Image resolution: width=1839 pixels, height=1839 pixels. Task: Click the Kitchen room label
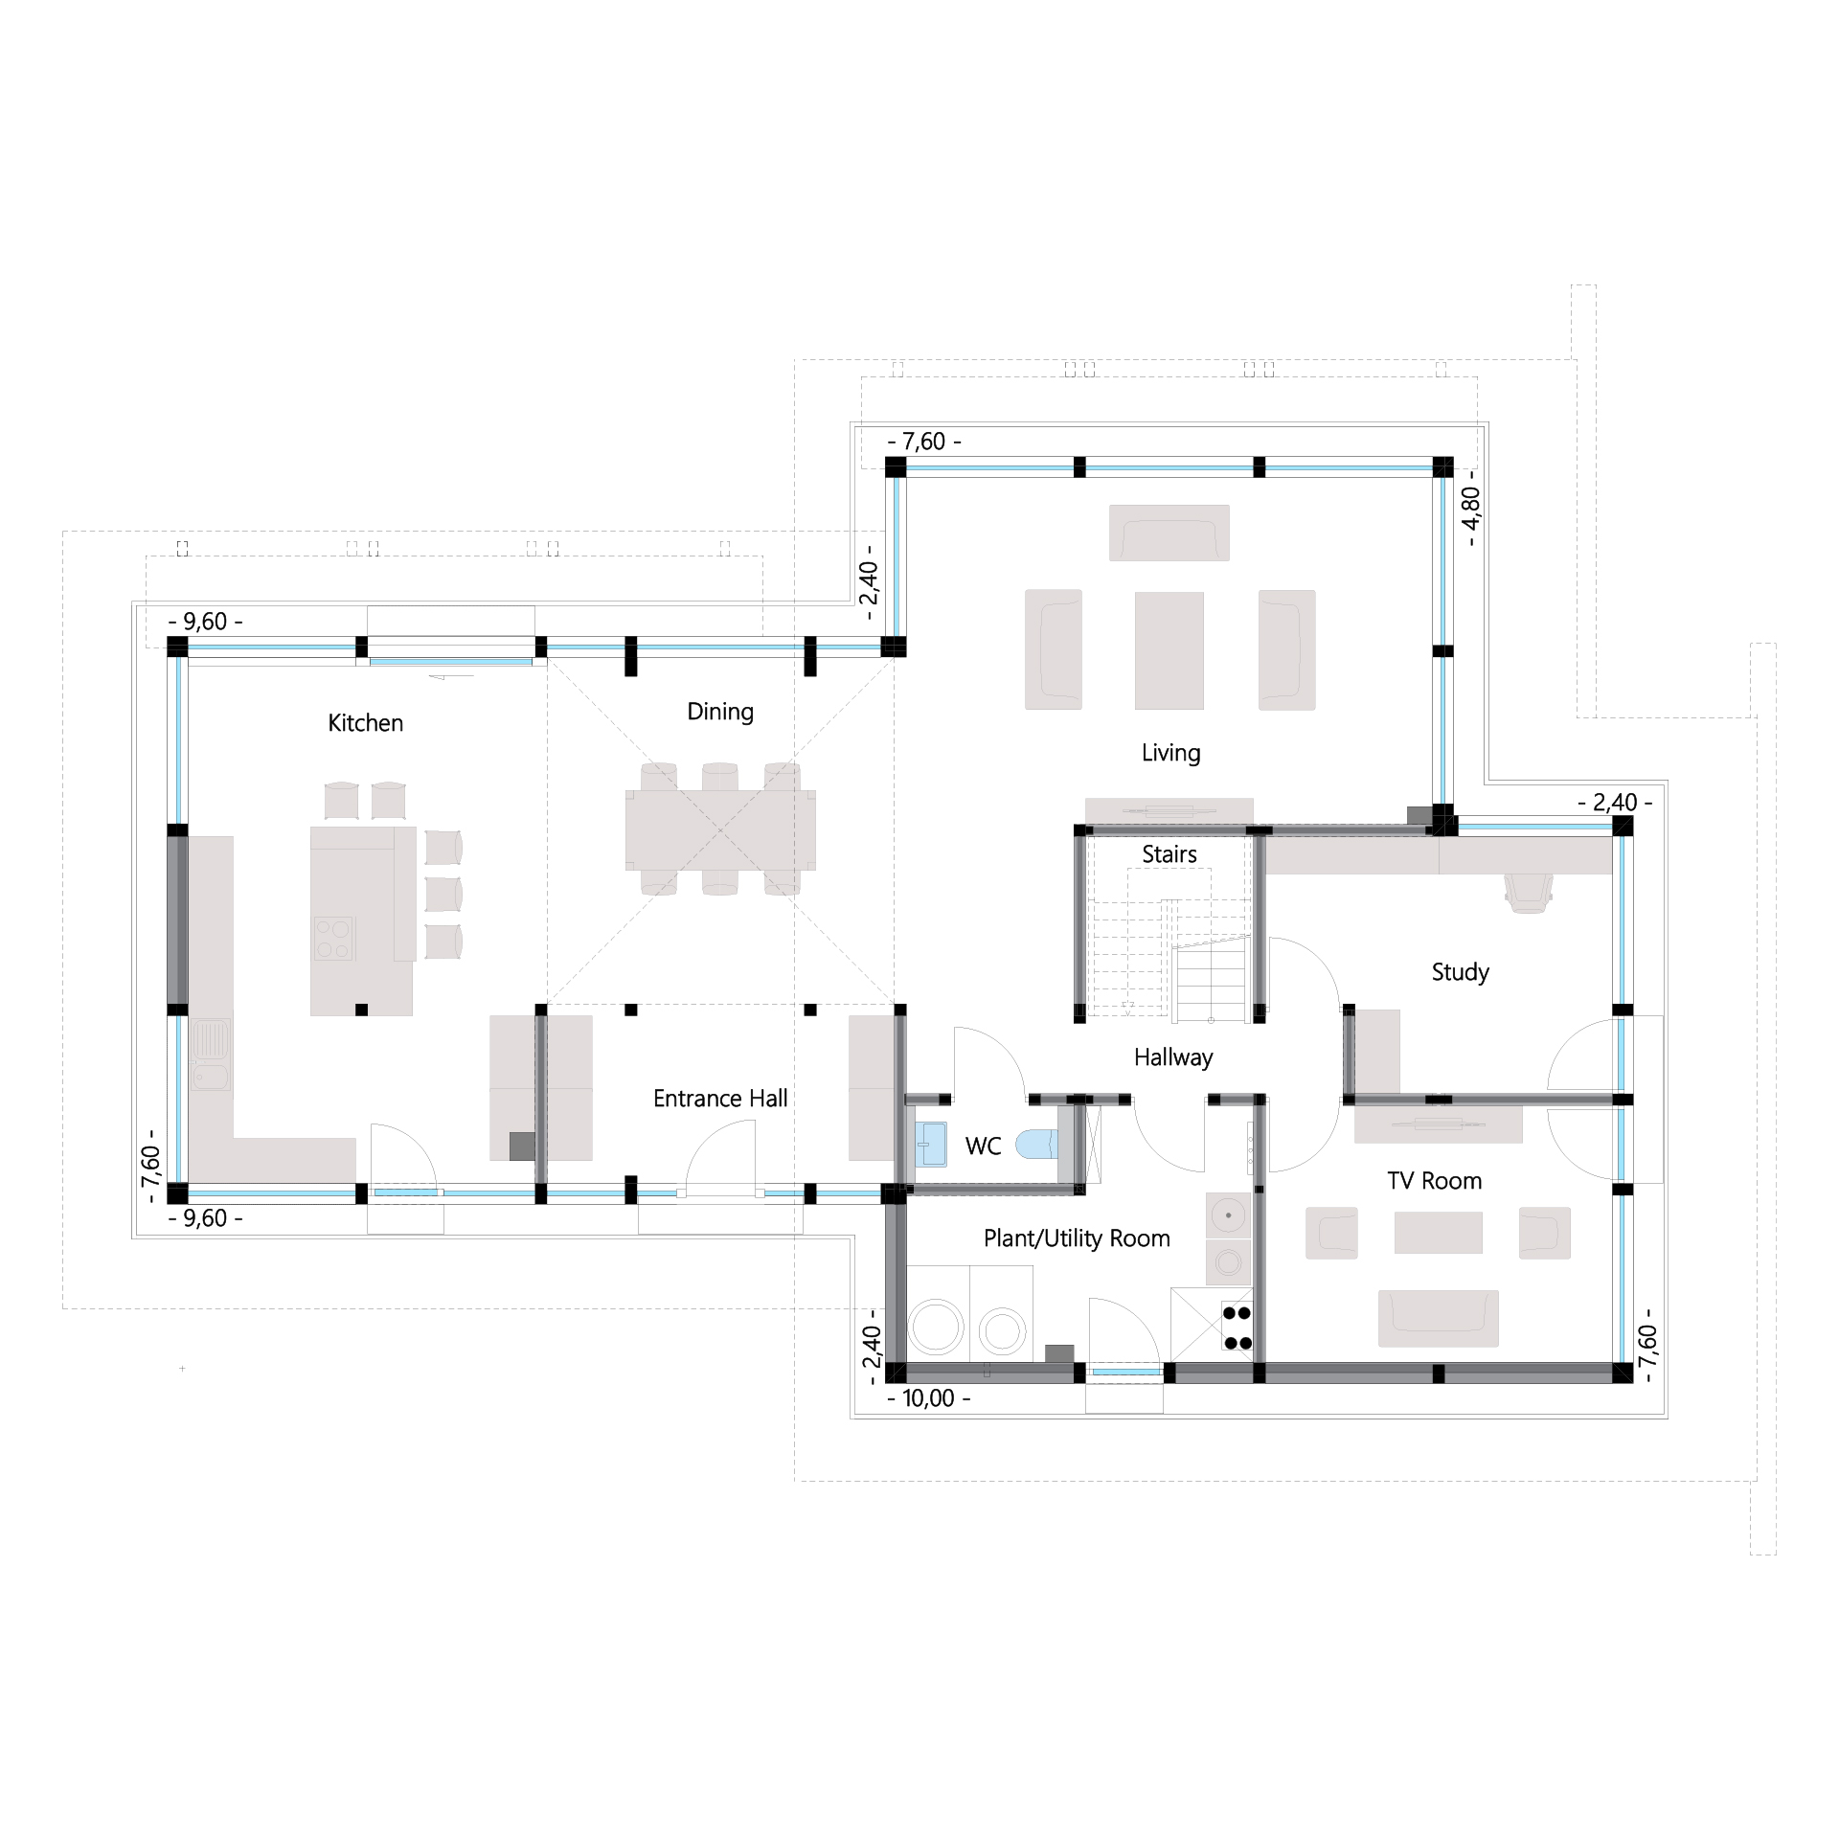[x=365, y=723]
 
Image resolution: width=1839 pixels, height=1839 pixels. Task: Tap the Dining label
[x=720, y=713]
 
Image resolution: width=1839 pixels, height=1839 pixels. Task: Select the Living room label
[x=1170, y=754]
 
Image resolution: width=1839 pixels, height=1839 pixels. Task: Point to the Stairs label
[x=1169, y=853]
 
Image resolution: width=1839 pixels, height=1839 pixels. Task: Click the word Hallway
[x=1173, y=1057]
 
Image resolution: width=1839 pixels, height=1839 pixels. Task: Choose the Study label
[x=1460, y=973]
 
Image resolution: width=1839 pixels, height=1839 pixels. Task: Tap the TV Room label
[x=1434, y=1181]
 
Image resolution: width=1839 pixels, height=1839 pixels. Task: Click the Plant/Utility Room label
[x=1077, y=1238]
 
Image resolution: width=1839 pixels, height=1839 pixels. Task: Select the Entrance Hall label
[x=720, y=1099]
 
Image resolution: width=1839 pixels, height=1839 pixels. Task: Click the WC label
[x=983, y=1147]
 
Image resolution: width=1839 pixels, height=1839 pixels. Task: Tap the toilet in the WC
[x=1036, y=1144]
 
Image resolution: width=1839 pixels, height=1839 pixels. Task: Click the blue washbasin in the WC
[x=930, y=1145]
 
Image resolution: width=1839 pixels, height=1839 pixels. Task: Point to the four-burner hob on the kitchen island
[x=333, y=939]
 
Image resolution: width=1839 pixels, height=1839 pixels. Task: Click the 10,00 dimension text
[x=928, y=1398]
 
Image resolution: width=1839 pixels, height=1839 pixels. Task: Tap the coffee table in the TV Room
[x=1438, y=1232]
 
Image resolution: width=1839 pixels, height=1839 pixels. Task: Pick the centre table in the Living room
[x=1169, y=649]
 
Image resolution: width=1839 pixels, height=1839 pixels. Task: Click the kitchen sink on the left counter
[x=211, y=1055]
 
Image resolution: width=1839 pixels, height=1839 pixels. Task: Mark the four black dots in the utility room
[x=1237, y=1328]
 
